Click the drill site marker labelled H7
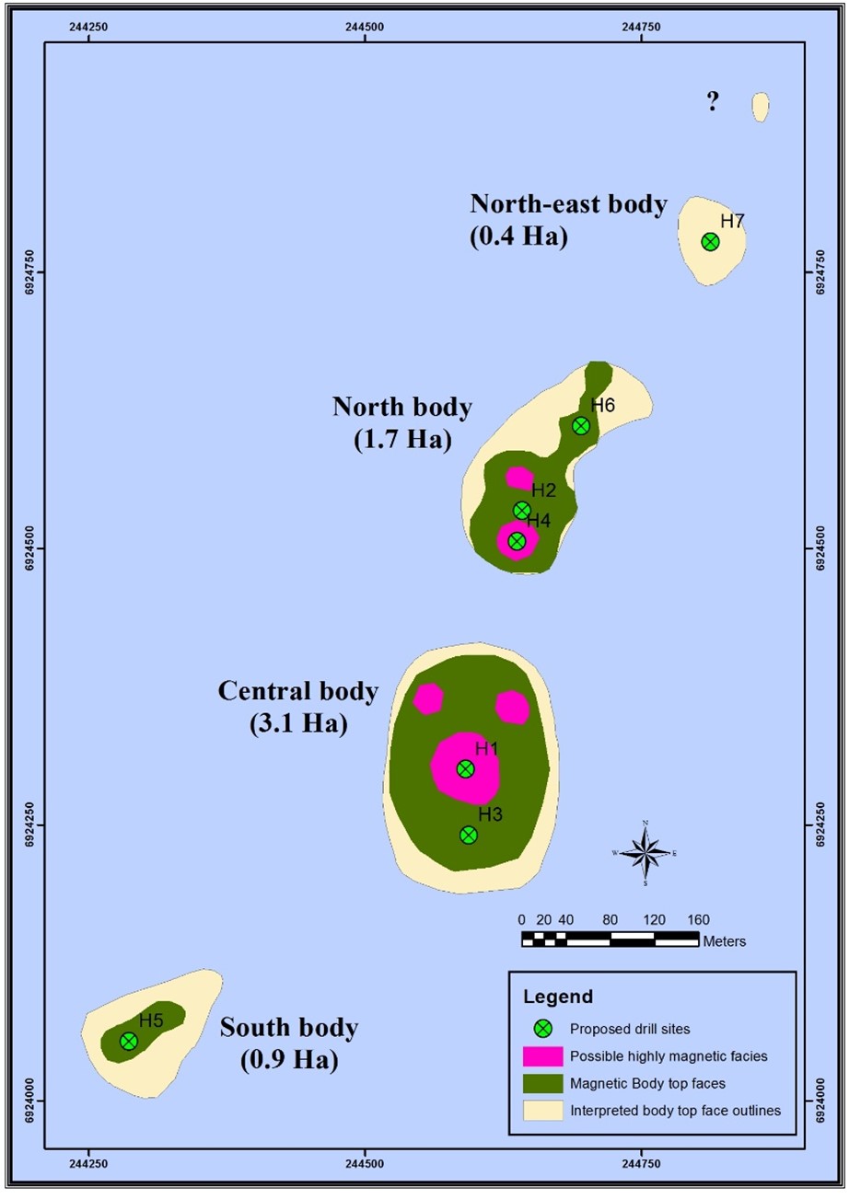[x=710, y=242]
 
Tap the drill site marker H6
[x=581, y=425]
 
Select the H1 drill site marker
[x=465, y=768]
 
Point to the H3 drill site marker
[x=469, y=835]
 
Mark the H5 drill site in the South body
[x=129, y=1041]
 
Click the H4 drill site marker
[x=517, y=541]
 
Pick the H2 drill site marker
[x=521, y=510]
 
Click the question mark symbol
[x=712, y=102]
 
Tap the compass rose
[x=645, y=853]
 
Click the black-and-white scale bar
[x=610, y=939]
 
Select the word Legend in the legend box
[x=558, y=996]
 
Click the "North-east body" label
[x=568, y=204]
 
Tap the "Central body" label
[x=298, y=691]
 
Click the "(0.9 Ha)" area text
[x=289, y=1061]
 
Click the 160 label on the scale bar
[x=698, y=919]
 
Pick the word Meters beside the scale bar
[x=724, y=941]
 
